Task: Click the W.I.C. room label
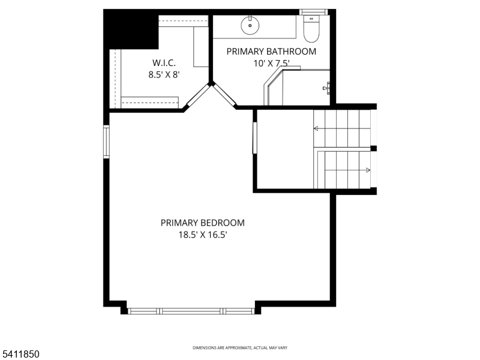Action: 164,62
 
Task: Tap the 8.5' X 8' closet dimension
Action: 164,75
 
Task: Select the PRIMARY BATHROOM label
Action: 271,52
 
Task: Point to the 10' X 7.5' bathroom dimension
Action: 271,64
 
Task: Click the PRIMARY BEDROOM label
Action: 202,223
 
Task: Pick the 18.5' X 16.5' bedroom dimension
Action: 202,235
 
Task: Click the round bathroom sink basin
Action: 250,26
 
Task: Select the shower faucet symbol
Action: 327,89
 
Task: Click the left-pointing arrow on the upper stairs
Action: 317,128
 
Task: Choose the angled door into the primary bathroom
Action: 224,95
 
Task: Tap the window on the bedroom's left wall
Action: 106,141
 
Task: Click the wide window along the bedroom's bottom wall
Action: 191,311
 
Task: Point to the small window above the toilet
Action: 313,11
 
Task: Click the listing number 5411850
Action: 20,354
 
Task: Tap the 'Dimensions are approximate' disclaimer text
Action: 239,348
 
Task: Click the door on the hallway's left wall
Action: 254,138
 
